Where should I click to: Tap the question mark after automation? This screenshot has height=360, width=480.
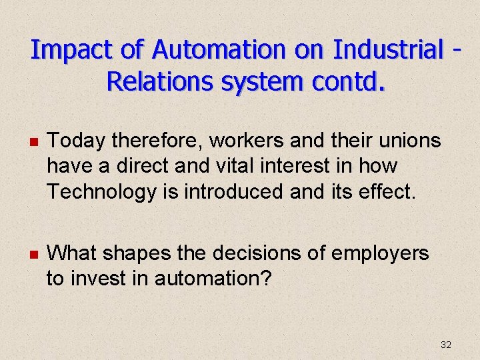click(266, 278)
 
